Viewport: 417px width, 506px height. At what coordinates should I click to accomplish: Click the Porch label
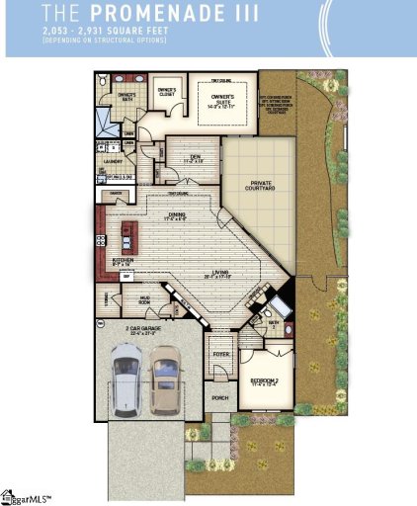(219, 398)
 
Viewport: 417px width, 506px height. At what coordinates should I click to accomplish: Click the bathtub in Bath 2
(280, 301)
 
